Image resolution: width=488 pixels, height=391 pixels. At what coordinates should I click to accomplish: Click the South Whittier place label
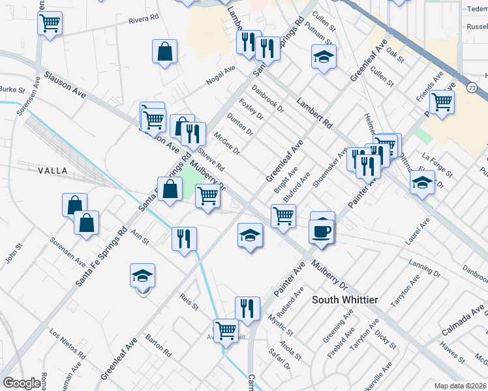point(344,299)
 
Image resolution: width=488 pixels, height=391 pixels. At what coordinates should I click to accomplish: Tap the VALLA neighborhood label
point(53,171)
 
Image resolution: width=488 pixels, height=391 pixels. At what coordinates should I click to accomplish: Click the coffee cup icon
point(322,230)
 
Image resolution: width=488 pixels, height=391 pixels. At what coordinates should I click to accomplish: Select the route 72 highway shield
point(472,87)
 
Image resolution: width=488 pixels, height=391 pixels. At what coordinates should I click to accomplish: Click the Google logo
point(22,383)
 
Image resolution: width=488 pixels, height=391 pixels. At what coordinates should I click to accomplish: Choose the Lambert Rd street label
point(314,112)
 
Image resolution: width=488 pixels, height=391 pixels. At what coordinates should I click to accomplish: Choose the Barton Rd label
point(158,345)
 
